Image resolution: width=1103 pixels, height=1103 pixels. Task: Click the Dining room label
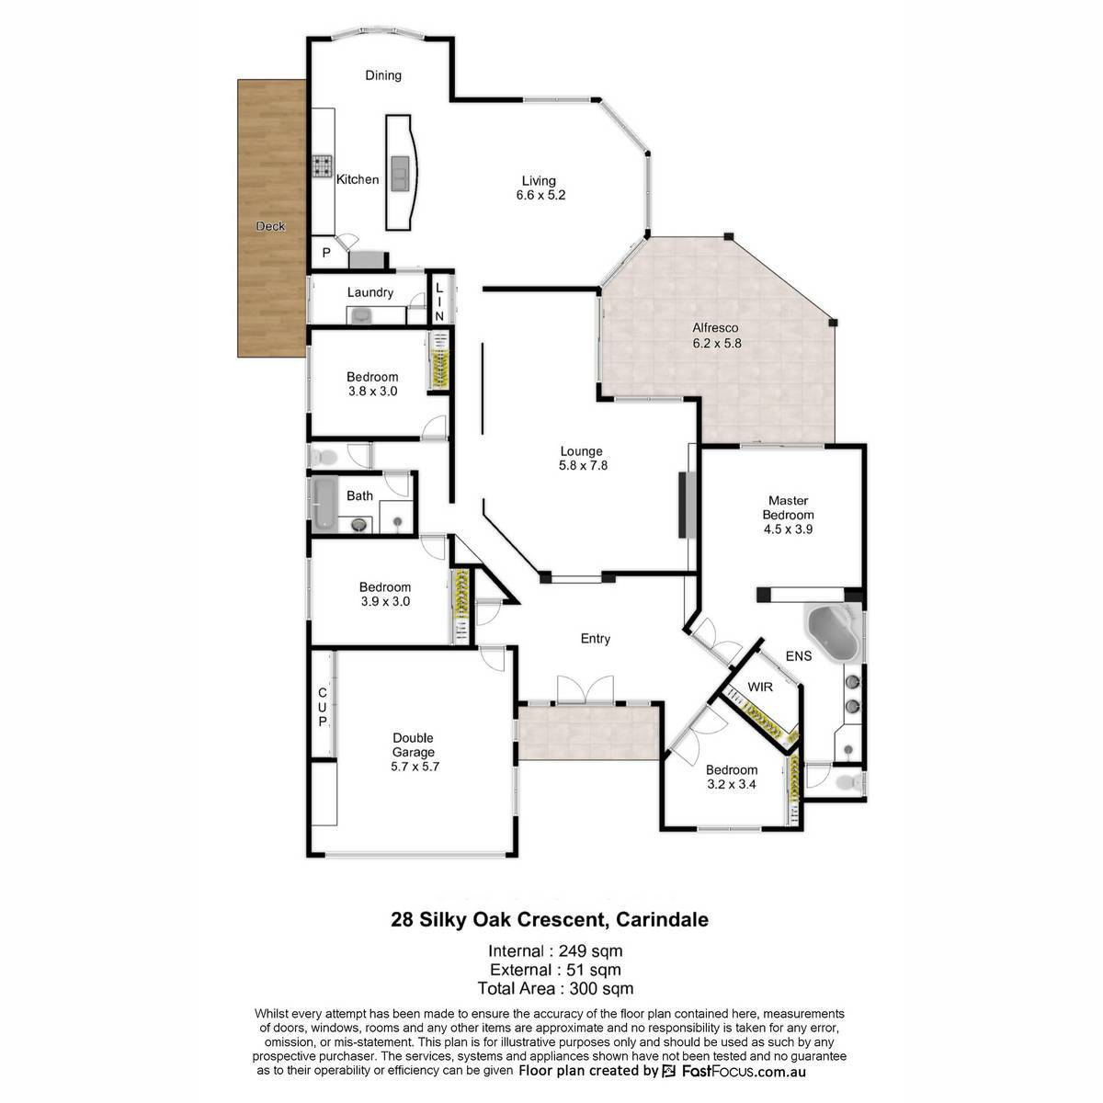[383, 75]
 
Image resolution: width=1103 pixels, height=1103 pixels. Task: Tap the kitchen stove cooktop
[323, 166]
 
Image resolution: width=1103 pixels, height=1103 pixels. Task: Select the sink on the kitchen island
[400, 173]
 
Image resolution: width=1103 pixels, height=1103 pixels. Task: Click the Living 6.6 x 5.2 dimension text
[540, 195]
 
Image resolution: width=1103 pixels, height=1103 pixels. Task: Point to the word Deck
[271, 226]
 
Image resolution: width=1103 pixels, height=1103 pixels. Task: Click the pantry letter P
[326, 253]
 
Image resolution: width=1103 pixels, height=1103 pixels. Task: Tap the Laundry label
[370, 292]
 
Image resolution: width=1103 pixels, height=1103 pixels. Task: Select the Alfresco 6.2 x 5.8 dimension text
[717, 343]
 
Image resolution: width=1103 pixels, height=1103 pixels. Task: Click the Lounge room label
[581, 451]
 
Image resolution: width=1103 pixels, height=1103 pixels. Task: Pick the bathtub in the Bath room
[324, 502]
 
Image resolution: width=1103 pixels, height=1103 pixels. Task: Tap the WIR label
[760, 687]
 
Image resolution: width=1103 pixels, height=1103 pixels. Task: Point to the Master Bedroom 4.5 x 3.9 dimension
[788, 529]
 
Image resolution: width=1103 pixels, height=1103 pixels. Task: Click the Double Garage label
[414, 745]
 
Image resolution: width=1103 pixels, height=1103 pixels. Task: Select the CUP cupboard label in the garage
[323, 708]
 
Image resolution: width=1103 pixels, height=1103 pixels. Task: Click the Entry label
[596, 639]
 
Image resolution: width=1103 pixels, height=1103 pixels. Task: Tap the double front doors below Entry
[585, 689]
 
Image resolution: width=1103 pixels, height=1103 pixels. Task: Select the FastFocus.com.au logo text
[744, 1071]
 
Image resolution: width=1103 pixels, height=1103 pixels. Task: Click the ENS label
[799, 656]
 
